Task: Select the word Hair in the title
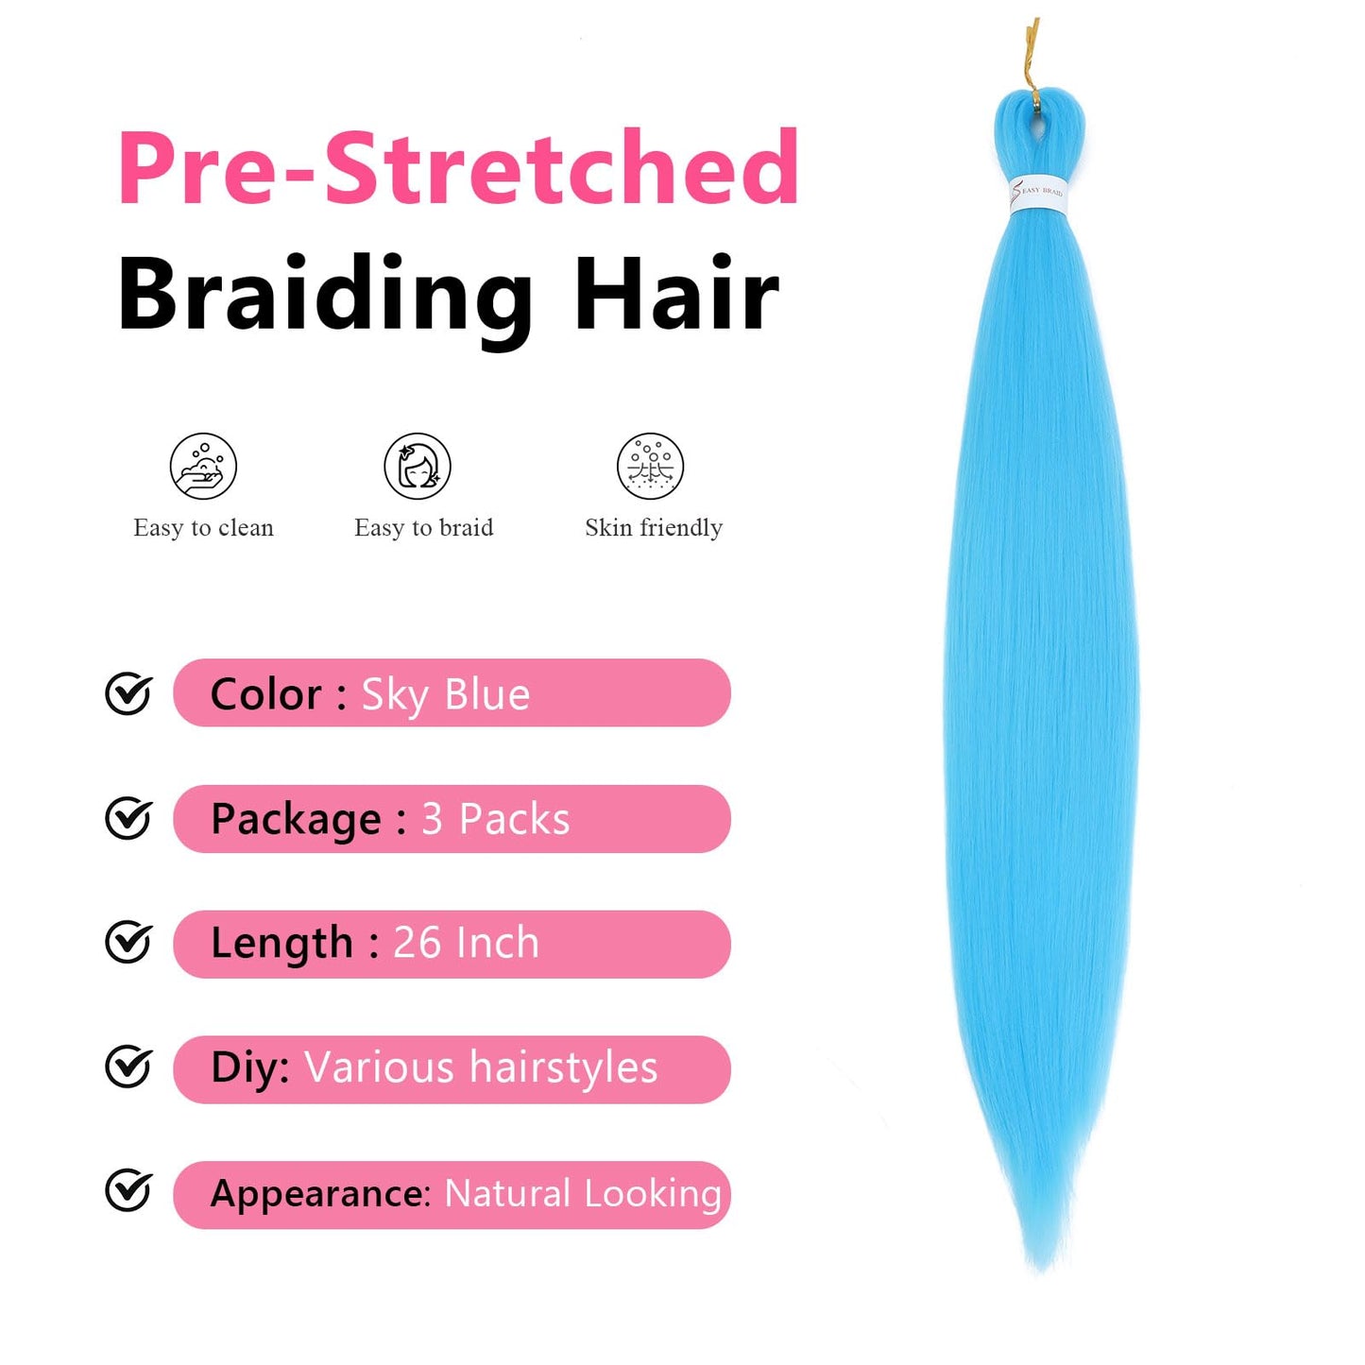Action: (x=676, y=295)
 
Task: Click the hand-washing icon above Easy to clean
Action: (x=203, y=466)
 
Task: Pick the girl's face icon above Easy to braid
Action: (x=418, y=466)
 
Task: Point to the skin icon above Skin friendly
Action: (x=650, y=466)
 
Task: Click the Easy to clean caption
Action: (x=203, y=528)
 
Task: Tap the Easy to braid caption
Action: (x=423, y=528)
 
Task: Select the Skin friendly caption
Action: (x=654, y=528)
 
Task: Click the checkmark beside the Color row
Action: (x=128, y=694)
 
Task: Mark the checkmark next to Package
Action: (x=128, y=819)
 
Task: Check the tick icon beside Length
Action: (x=128, y=943)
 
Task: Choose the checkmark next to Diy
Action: (x=128, y=1067)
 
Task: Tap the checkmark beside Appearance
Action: (x=128, y=1191)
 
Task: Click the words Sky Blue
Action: (x=446, y=695)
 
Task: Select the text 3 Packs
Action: (x=496, y=819)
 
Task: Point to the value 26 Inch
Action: (x=466, y=943)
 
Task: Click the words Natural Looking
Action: (x=583, y=1193)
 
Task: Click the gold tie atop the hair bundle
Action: (x=1032, y=57)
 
